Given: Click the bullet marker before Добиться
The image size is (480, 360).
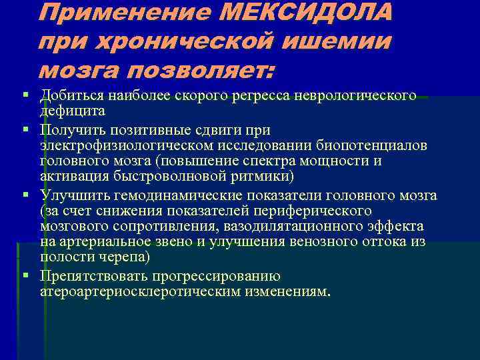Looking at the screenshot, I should coord(25,94).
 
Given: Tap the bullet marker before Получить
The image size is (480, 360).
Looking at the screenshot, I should coord(25,128).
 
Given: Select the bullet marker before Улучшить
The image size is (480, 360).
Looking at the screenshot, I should coord(25,194).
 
